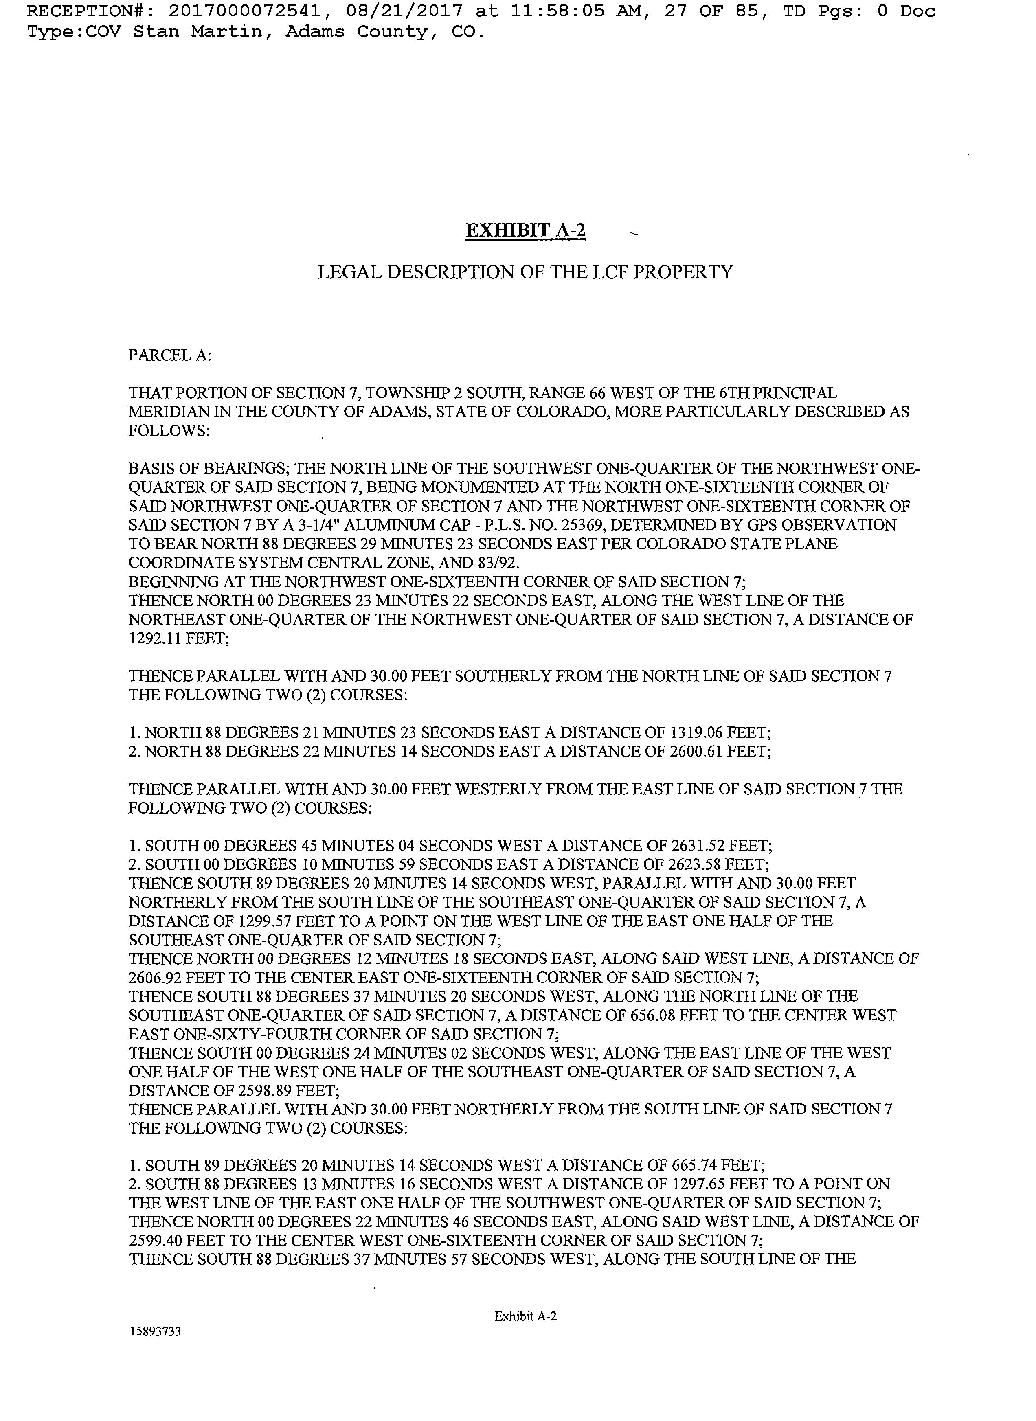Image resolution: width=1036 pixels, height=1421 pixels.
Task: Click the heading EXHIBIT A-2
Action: (525, 231)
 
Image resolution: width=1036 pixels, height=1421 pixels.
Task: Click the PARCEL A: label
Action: (169, 355)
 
